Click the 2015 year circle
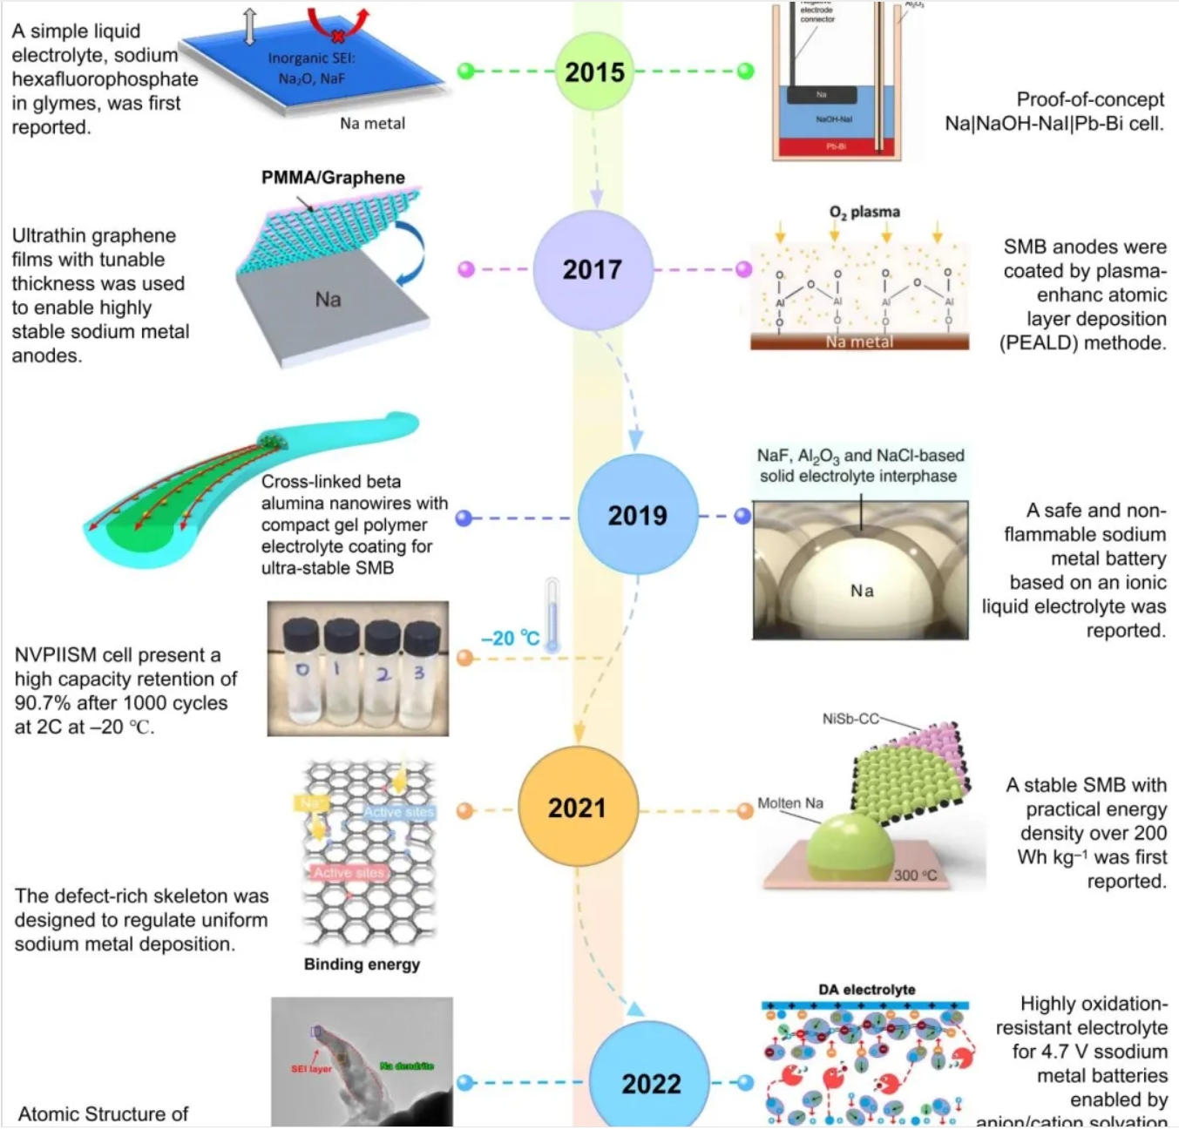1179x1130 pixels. tap(594, 71)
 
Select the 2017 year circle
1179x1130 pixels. tap(593, 269)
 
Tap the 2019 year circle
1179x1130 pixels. tap(638, 515)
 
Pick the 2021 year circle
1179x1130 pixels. tap(578, 808)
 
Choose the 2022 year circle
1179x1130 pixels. tap(651, 1083)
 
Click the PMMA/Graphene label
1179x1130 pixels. tap(333, 178)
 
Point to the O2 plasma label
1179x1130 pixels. tap(864, 212)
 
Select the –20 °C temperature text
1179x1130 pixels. tap(510, 639)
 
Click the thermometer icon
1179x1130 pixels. tap(552, 615)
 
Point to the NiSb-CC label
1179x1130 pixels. tap(850, 719)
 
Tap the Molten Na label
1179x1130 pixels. tap(789, 803)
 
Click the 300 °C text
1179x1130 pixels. tap(915, 875)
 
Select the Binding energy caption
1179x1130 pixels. tap(362, 964)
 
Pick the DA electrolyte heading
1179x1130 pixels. tap(866, 990)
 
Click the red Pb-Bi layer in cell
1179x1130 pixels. tap(835, 146)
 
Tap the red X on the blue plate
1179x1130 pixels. tap(337, 36)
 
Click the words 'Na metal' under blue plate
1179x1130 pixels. tap(372, 124)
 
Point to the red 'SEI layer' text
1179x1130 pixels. tap(311, 1068)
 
